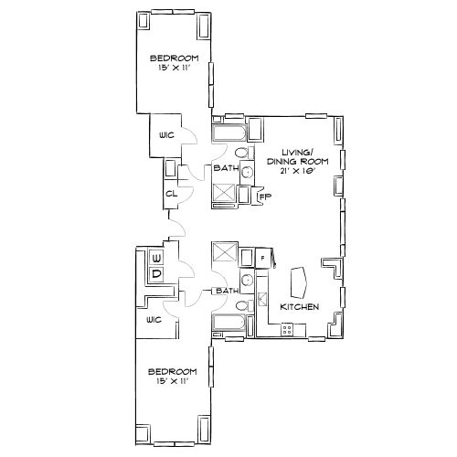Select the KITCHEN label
(299, 307)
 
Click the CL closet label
(171, 194)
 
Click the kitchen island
(298, 280)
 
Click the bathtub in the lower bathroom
(227, 322)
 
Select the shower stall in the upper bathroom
(225, 194)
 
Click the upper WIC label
(165, 134)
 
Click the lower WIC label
(153, 320)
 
